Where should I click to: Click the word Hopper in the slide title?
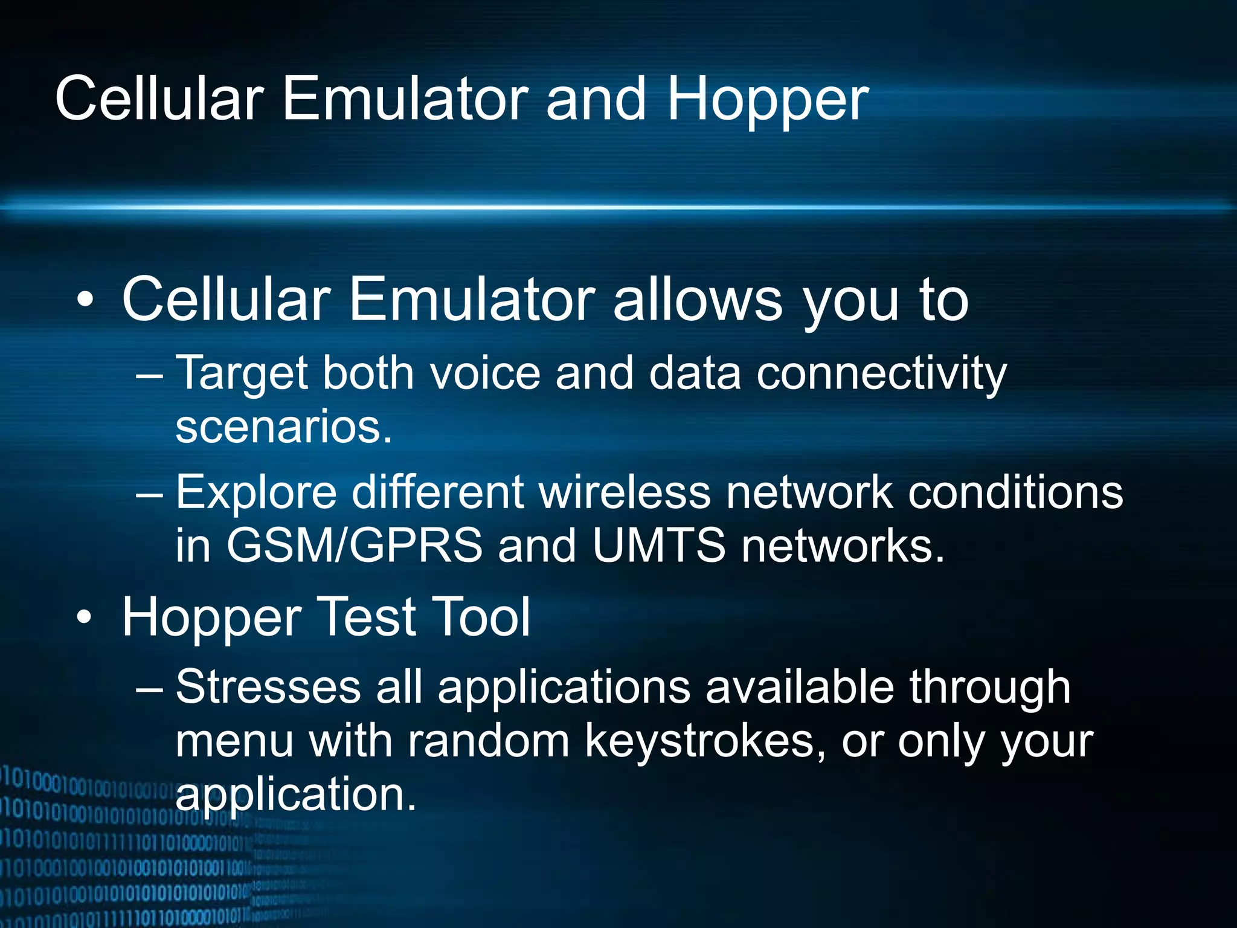(767, 100)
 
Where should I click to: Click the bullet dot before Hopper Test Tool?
(85, 617)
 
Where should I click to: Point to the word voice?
(484, 373)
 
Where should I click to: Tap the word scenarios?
(284, 427)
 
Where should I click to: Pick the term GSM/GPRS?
(355, 546)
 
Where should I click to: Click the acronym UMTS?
(658, 546)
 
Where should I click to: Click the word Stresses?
(268, 687)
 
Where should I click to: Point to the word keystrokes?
(705, 741)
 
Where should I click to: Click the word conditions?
(1015, 492)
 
